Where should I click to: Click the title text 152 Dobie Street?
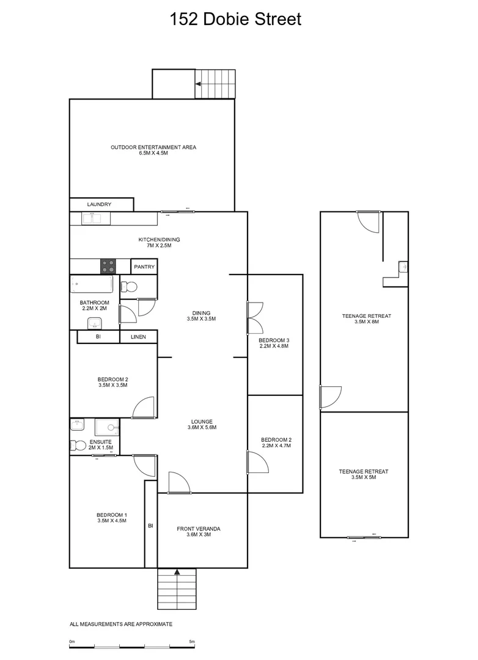tap(235, 20)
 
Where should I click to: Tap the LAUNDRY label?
tap(99, 205)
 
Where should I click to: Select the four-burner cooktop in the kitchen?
tap(108, 266)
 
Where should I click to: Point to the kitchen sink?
tap(93, 218)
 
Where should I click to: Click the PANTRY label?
tap(144, 267)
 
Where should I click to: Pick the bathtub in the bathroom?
tap(92, 285)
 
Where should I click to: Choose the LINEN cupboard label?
tap(138, 337)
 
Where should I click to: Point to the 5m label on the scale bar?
tap(192, 641)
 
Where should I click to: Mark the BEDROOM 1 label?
tap(112, 517)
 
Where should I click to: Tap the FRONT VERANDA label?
tap(199, 532)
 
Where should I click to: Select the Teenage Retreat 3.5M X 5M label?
tap(364, 474)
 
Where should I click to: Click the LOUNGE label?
tap(202, 424)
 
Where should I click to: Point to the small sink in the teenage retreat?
tap(402, 266)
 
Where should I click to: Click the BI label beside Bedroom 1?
tap(150, 525)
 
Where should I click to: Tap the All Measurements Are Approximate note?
tap(121, 624)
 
